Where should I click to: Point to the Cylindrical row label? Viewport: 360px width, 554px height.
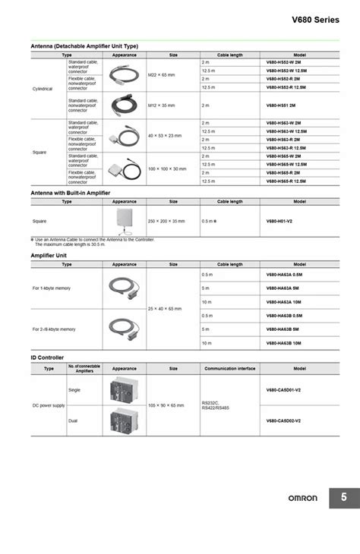43,88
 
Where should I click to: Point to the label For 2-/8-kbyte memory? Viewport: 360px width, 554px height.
54,329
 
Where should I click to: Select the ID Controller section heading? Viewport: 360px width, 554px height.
47,357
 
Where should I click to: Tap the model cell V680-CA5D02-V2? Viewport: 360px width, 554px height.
283,420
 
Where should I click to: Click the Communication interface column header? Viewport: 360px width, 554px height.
229,368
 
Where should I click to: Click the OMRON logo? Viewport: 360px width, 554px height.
302,499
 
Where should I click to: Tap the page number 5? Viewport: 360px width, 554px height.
344,498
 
